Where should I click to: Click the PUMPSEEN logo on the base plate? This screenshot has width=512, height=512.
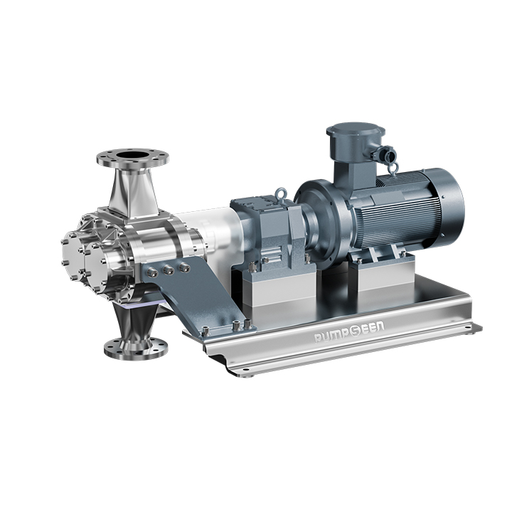pos(349,331)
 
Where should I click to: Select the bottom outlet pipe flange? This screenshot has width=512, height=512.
pos(136,348)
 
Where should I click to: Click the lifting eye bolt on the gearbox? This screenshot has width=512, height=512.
pos(280,194)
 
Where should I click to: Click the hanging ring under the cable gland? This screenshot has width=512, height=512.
pos(393,169)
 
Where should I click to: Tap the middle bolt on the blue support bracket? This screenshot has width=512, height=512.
pos(169,269)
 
